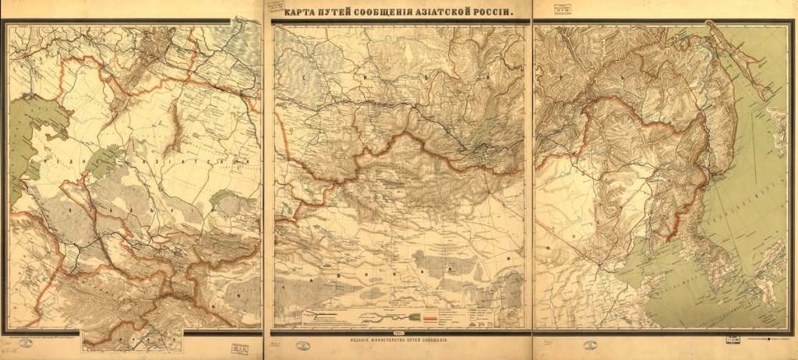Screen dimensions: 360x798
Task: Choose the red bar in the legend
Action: pyautogui.click(x=432, y=318)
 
